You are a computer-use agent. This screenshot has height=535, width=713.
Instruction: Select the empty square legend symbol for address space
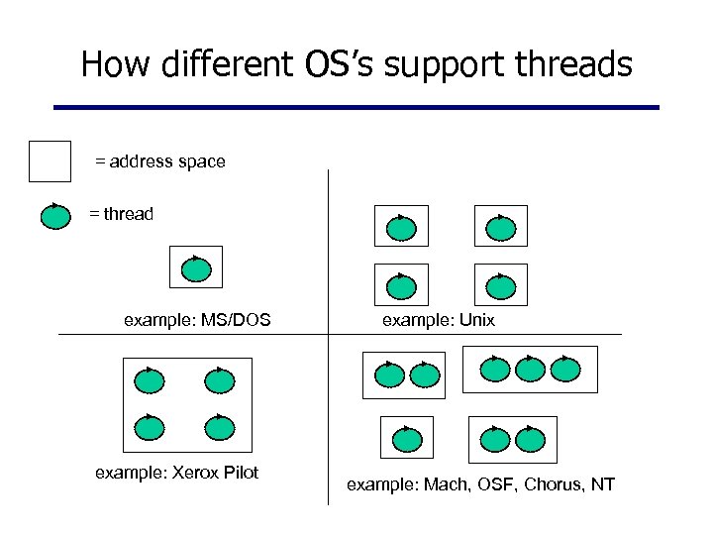click(x=50, y=161)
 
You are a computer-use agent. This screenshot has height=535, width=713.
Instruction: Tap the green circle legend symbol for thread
click(x=53, y=215)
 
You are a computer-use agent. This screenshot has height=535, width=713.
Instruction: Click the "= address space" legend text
click(x=159, y=160)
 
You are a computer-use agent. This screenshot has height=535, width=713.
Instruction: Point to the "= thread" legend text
click(x=121, y=214)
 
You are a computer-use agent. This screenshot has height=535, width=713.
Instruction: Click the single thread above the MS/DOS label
click(x=197, y=268)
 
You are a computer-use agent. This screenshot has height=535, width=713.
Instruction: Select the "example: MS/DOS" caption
click(x=197, y=320)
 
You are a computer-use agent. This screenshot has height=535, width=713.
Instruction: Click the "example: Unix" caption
click(x=438, y=320)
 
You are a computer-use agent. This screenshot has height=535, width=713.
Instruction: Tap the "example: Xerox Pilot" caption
click(x=176, y=473)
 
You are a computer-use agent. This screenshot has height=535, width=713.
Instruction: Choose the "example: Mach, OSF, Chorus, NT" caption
click(x=480, y=484)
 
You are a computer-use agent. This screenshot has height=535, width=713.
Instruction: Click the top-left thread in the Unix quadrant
click(x=401, y=228)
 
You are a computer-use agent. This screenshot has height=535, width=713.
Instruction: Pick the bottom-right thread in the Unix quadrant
click(x=501, y=287)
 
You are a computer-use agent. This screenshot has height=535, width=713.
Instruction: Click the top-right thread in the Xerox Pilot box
click(x=219, y=380)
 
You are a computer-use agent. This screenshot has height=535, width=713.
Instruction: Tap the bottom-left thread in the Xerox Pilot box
click(x=149, y=428)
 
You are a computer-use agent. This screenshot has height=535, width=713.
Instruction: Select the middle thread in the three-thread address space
click(x=531, y=370)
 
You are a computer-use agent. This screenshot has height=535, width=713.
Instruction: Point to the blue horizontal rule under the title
click(x=356, y=107)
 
